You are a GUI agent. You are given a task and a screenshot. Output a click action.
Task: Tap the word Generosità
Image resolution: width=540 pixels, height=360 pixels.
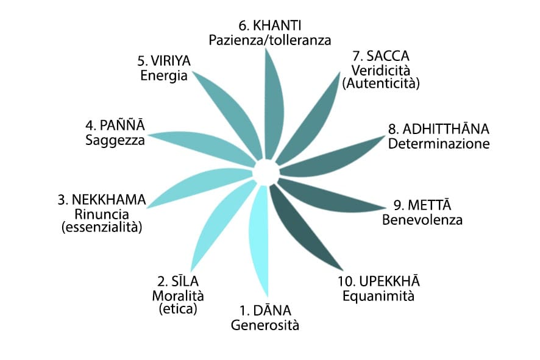[265, 325]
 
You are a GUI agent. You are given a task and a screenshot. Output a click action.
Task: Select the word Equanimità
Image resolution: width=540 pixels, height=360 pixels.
[378, 297]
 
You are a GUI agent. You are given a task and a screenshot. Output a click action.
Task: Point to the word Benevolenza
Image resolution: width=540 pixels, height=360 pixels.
[422, 219]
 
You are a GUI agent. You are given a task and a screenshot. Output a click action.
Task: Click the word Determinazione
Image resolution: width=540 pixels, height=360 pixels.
[439, 144]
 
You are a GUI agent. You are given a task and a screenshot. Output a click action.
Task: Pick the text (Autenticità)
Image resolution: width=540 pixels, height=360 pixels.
[382, 83]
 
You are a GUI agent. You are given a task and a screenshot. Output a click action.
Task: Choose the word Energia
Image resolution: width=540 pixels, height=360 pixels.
[163, 76]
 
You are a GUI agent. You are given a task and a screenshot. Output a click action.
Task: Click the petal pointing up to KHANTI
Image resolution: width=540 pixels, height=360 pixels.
[270, 104]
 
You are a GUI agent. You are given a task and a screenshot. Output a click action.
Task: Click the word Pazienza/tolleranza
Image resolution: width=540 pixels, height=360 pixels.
[270, 40]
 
